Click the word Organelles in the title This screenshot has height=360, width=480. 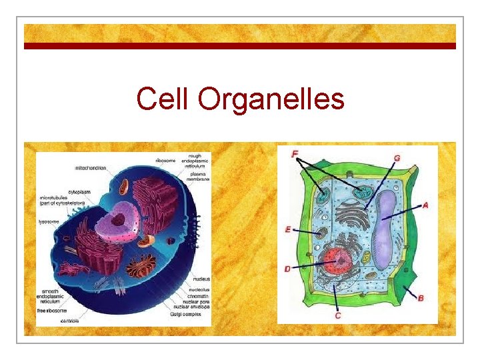[271, 100]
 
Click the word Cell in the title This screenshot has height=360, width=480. [164, 99]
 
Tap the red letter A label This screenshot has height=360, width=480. [425, 206]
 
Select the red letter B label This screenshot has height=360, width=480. [421, 298]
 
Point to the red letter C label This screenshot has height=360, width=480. [338, 315]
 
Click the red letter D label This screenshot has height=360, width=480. [287, 269]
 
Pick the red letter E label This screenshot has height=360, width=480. [288, 230]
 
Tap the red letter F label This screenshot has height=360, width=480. [295, 155]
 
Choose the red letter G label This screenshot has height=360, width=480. [397, 158]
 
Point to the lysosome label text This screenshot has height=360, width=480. [51, 221]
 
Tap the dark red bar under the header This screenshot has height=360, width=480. [240, 46]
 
